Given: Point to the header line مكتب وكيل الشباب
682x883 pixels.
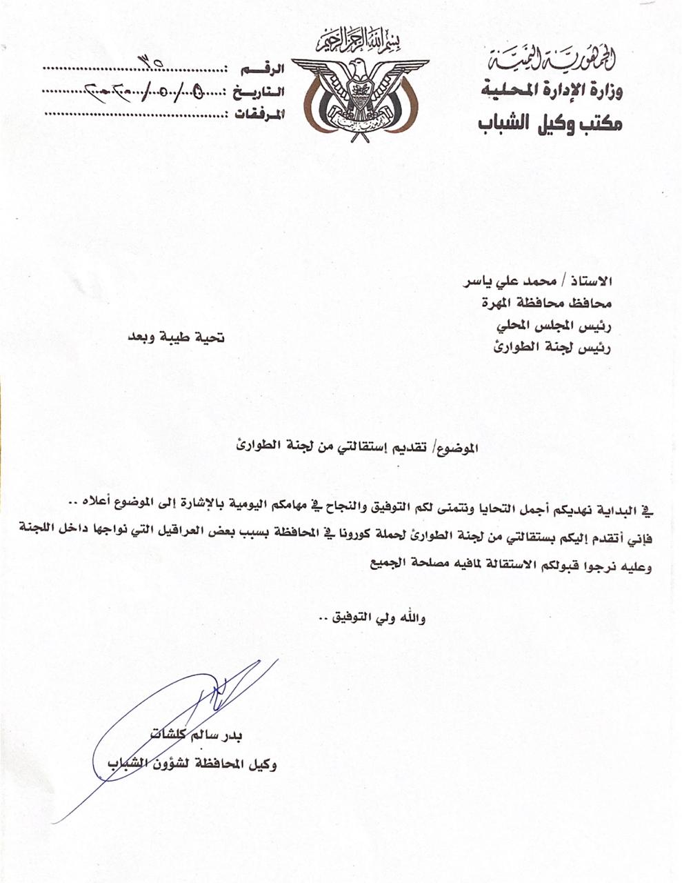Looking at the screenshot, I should (550, 123).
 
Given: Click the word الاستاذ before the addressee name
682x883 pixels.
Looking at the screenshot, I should (592, 282).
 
